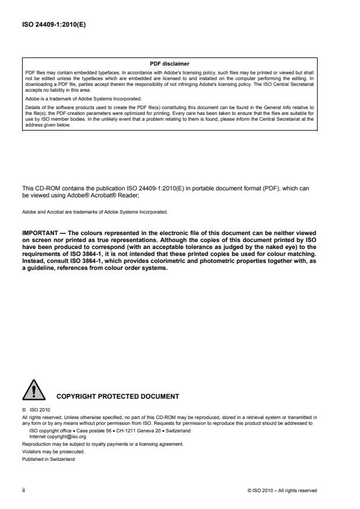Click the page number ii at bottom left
(24, 490)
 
